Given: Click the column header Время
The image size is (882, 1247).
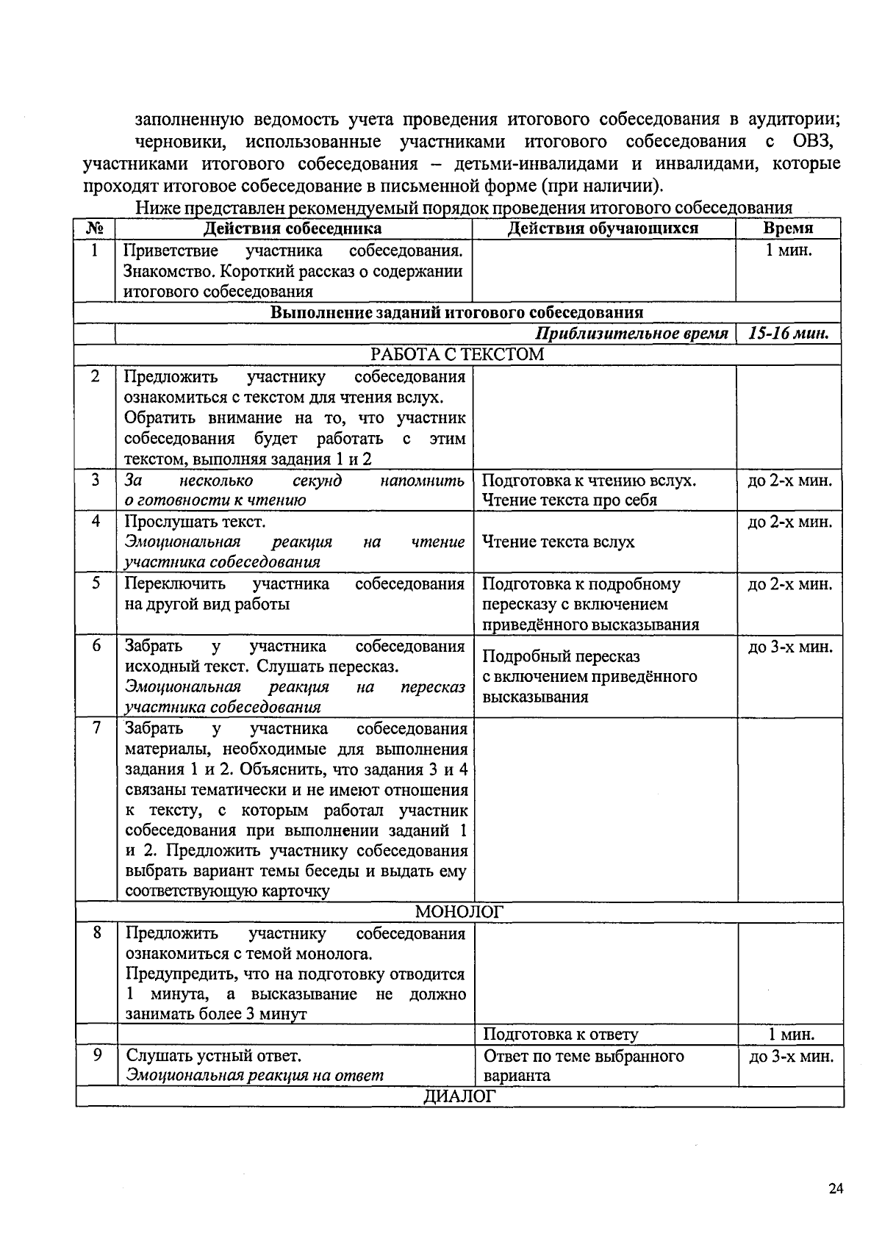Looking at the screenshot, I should click(787, 228).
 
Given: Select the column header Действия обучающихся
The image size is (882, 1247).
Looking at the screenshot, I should click(603, 228).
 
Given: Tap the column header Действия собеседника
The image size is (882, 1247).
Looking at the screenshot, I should click(293, 229).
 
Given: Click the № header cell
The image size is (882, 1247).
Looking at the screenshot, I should click(95, 229).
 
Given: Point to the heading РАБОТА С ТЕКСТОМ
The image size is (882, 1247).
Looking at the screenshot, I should click(457, 354).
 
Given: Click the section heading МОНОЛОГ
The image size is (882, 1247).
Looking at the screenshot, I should click(459, 912).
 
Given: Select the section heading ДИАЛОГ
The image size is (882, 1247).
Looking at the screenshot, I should click(459, 1096).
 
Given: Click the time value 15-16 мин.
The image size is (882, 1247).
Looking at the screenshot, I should click(788, 334).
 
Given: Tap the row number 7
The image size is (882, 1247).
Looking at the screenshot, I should click(96, 728).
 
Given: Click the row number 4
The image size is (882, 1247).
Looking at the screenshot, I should click(96, 521).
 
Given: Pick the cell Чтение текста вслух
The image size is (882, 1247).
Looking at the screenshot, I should click(558, 542).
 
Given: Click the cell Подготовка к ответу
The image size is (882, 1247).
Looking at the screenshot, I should click(560, 1035).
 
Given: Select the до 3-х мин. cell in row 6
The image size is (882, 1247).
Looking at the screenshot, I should click(789, 647).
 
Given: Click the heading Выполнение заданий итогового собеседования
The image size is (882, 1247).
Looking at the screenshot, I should click(456, 312).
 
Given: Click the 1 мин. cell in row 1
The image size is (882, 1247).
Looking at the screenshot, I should click(788, 250).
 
